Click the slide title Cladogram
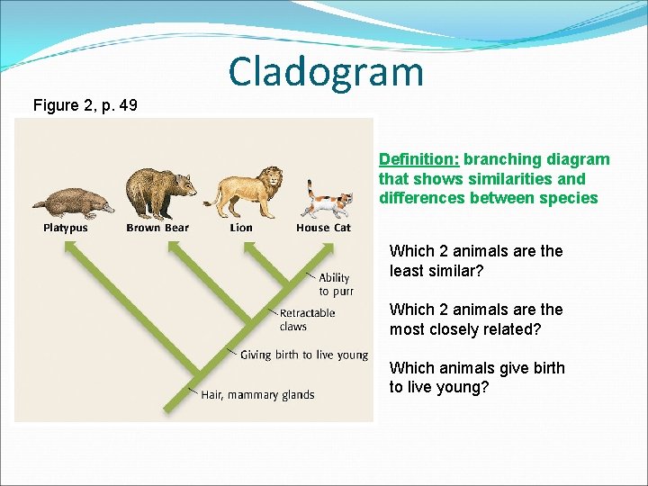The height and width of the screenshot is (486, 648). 325,71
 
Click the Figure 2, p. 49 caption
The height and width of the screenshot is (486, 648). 85,105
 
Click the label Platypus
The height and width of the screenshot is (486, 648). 66,228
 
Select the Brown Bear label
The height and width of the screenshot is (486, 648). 157,228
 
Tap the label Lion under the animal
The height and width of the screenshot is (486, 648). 241,228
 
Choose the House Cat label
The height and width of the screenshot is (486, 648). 323,228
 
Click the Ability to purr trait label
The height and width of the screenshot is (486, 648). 336,284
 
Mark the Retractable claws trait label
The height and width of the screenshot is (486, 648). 307,319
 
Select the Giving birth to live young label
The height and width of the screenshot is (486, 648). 303,355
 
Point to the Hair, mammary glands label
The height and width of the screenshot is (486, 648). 257,394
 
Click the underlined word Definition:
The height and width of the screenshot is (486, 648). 418,159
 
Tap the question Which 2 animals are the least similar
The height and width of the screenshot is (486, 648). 475,261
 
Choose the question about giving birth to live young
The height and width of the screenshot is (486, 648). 476,377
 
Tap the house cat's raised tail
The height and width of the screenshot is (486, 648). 311,190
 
